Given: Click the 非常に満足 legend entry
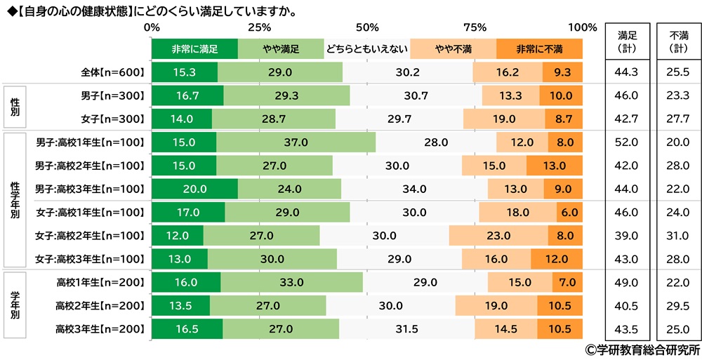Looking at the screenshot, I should click(x=194, y=49).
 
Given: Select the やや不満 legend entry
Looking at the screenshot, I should click(x=453, y=49).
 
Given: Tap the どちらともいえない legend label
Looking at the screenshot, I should click(x=366, y=49).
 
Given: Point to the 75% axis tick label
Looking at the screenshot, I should click(x=475, y=28).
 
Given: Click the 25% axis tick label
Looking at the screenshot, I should click(x=259, y=28).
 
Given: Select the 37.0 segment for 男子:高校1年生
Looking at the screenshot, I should click(x=296, y=142).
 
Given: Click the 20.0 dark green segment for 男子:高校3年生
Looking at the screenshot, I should click(x=194, y=188).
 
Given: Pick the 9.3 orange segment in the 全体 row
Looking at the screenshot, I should click(x=562, y=72).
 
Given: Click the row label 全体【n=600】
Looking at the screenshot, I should click(x=112, y=72).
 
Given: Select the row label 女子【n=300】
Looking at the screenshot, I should click(x=112, y=119).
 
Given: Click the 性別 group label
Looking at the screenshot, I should click(x=15, y=107).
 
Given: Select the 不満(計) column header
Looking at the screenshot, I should click(x=678, y=41).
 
